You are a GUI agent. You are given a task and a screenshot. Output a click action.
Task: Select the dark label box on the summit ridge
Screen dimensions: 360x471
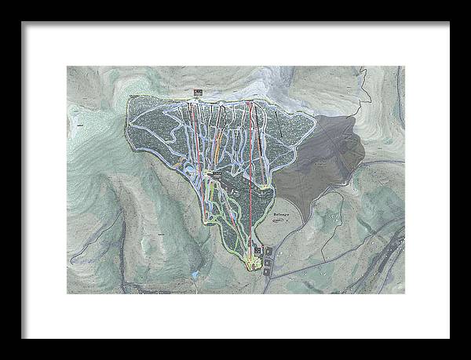[x=197, y=93]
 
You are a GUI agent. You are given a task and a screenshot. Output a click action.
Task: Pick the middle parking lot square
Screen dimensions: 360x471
[x=268, y=260]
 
